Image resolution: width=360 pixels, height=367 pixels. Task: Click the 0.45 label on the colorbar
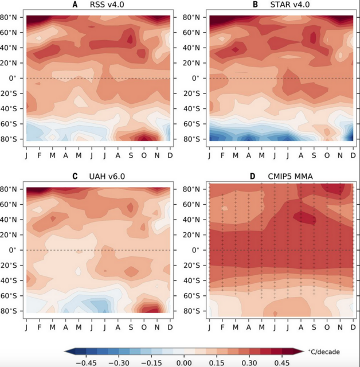pyautogui.click(x=283, y=362)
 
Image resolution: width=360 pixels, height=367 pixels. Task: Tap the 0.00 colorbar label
pyautogui.click(x=183, y=362)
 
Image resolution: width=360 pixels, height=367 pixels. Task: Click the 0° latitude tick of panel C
pyautogui.click(x=18, y=250)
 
